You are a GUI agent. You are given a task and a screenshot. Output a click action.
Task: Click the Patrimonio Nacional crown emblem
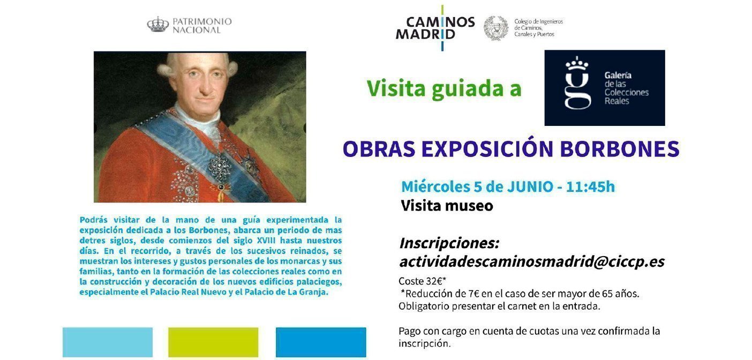click(x=157, y=24)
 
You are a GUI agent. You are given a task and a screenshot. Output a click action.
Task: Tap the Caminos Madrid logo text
click(x=434, y=28)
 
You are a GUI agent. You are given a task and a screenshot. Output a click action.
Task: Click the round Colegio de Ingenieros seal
click(x=495, y=28)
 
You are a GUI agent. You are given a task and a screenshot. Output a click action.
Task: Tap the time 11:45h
click(x=590, y=186)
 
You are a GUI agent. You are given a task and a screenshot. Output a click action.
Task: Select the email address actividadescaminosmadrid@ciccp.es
click(x=531, y=261)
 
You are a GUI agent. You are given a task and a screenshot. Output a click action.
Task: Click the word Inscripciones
click(x=449, y=243)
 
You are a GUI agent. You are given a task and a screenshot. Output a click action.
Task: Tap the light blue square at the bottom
click(x=107, y=342)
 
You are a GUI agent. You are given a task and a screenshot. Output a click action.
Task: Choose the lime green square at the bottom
click(x=213, y=342)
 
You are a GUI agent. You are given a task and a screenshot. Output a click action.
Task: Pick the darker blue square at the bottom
click(x=321, y=342)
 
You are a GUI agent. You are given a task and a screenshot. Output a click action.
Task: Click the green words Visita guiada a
click(x=444, y=88)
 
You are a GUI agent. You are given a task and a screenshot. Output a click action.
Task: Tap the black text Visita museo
click(x=447, y=206)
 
